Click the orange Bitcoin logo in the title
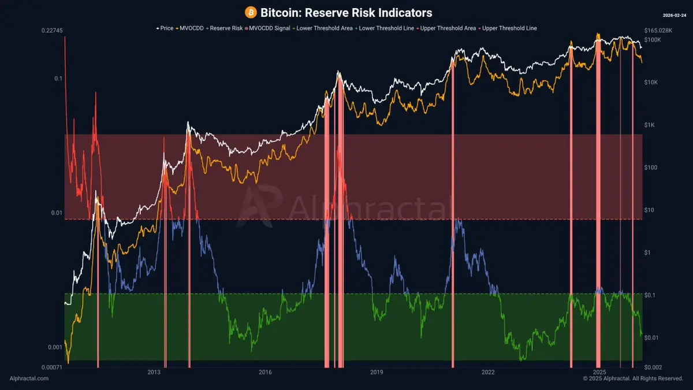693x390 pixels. point(251,12)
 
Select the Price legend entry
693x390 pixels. point(166,28)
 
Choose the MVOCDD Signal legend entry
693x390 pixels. point(269,28)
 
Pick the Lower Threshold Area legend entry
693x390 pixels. point(323,28)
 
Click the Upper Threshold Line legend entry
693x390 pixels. point(509,28)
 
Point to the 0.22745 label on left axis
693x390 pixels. point(53,31)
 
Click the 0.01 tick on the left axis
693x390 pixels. point(56,213)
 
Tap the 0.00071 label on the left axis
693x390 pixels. point(52,367)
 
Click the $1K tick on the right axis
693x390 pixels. point(651,125)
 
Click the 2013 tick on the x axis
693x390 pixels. point(154,373)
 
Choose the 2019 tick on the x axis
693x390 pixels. point(377,373)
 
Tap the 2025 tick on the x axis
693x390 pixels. point(599,373)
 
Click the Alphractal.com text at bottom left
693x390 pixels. point(29,378)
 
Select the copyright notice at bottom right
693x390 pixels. point(633,378)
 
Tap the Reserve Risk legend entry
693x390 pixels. point(226,28)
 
